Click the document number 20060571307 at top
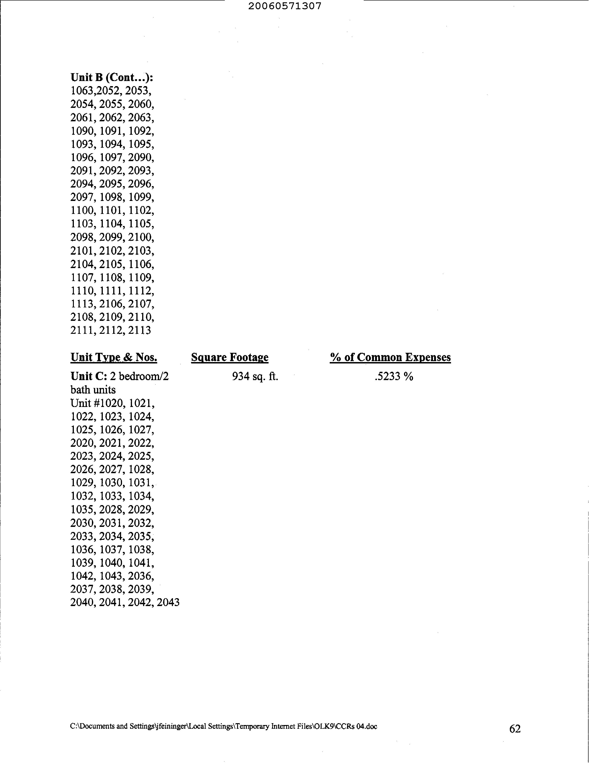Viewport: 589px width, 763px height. point(285,6)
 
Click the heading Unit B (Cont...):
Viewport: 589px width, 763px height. point(112,77)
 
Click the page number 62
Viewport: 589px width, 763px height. point(515,729)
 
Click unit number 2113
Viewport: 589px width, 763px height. point(140,330)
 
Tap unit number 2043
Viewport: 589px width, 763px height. point(168,603)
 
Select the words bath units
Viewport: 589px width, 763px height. point(93,390)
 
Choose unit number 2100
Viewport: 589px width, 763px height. point(141,237)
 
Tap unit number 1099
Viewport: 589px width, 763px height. point(141,197)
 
